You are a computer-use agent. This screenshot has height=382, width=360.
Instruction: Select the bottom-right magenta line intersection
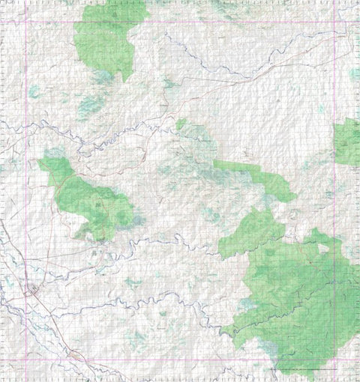point(334,360)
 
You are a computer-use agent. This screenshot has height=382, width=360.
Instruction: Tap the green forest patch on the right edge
point(347,142)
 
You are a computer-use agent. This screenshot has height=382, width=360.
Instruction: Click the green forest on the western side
point(90,202)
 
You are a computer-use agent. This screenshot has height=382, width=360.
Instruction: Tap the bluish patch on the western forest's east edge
point(137,222)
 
